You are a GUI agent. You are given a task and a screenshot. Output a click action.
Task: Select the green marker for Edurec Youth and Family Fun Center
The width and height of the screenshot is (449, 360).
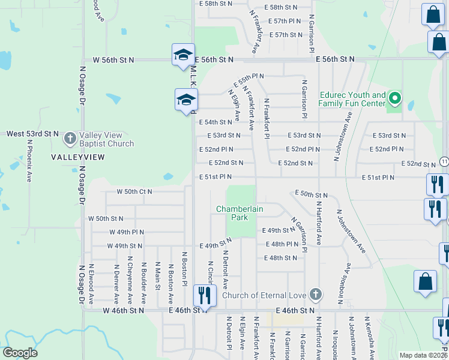pos(394,98)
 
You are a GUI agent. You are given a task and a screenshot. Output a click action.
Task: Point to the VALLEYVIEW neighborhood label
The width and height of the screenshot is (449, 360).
pos(78,157)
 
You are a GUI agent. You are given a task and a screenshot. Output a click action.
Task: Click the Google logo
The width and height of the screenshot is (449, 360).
pos(20,353)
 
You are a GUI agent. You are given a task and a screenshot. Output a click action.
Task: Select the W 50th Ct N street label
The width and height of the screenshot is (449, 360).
pos(134,192)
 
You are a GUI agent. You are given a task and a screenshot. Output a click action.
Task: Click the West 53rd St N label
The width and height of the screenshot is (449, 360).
pos(32,133)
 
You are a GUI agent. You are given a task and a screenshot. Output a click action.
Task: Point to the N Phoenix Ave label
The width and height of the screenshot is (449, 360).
pos(29,161)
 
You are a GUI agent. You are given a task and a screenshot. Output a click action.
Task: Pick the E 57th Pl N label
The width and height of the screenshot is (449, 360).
pos(285,21)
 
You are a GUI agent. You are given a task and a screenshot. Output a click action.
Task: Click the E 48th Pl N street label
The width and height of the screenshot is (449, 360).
pos(282,244)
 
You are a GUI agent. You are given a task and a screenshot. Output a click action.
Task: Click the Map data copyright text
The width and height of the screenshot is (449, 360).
pos(423,355)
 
